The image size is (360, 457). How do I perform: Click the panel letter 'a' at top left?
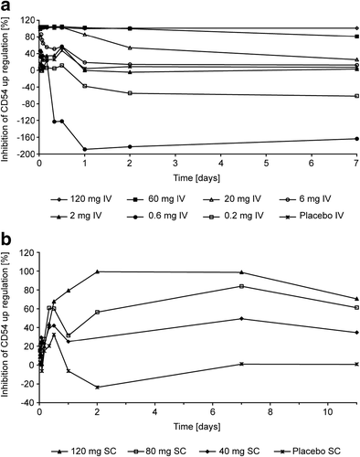tap(6, 7)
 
